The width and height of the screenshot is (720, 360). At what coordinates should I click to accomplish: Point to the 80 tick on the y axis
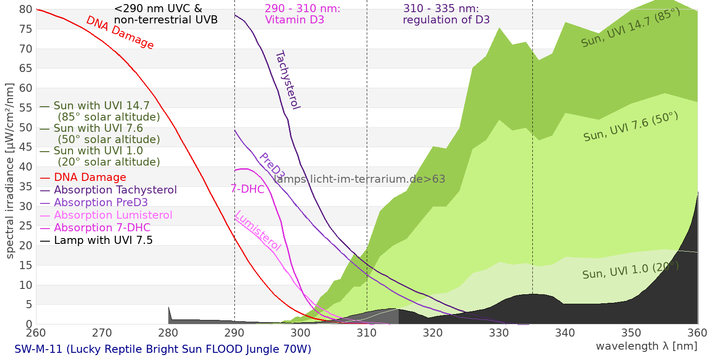tap(26, 9)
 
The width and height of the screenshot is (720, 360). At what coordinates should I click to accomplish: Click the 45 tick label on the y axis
tap(26, 147)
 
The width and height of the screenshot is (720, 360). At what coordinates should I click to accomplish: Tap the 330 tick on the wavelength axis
tap(499, 333)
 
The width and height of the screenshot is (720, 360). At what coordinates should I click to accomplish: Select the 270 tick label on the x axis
tap(102, 333)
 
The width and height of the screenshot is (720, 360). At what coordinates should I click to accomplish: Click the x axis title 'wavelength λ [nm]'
tap(646, 346)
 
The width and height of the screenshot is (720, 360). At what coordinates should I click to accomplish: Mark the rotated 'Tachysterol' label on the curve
tap(287, 80)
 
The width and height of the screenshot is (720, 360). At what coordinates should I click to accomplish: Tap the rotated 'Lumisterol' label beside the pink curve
tap(258, 230)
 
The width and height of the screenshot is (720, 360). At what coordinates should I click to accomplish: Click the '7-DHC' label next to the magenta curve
tap(247, 189)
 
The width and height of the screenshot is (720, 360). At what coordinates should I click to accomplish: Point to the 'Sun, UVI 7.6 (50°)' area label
tap(630, 127)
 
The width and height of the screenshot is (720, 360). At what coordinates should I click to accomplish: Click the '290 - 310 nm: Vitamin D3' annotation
tap(302, 14)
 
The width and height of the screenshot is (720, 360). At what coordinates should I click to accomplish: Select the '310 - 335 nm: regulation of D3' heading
tap(445, 14)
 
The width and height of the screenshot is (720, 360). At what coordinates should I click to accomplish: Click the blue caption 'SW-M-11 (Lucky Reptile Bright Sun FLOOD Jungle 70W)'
tap(162, 349)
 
